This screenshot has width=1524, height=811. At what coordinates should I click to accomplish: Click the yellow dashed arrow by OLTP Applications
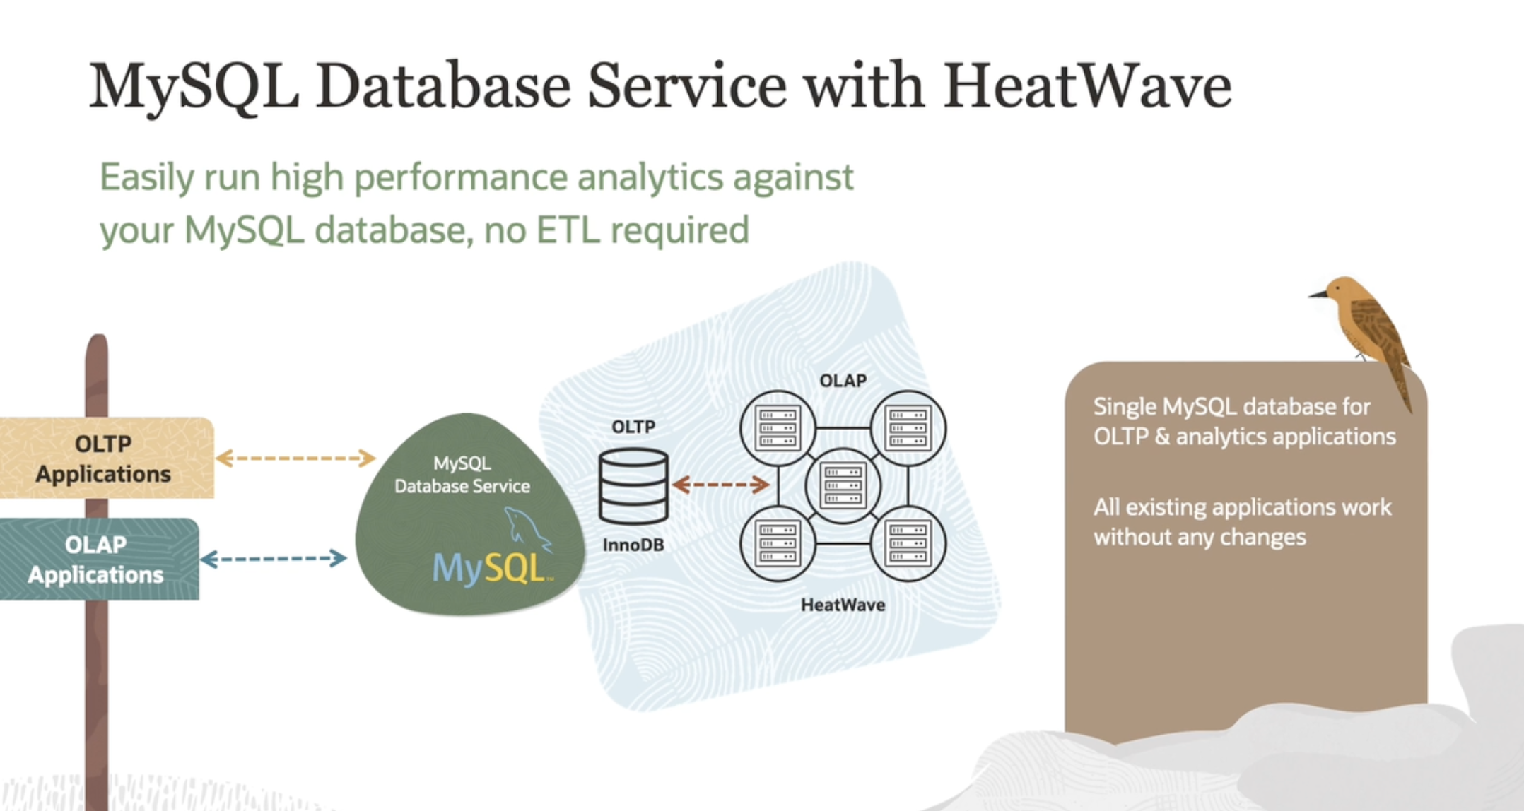pyautogui.click(x=295, y=458)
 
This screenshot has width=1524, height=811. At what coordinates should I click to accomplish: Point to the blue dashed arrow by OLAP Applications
pyautogui.click(x=274, y=559)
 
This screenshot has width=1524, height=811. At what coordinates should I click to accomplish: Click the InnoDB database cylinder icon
pyautogui.click(x=633, y=486)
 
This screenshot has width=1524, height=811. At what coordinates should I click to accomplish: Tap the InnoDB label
pyautogui.click(x=633, y=545)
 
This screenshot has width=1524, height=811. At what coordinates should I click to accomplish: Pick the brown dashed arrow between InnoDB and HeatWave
pyautogui.click(x=720, y=485)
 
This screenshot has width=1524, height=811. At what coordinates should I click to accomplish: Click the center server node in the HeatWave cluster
pyautogui.click(x=843, y=485)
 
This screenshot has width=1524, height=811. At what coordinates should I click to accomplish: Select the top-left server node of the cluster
pyautogui.click(x=778, y=428)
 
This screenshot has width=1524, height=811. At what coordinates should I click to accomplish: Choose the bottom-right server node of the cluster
pyautogui.click(x=908, y=543)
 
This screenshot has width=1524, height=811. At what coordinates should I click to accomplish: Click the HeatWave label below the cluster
pyautogui.click(x=843, y=605)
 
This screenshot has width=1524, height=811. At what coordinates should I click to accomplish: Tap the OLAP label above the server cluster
pyautogui.click(x=843, y=381)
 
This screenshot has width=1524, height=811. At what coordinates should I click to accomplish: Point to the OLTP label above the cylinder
pyautogui.click(x=633, y=427)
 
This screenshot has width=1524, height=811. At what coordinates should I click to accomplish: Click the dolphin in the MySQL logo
pyautogui.click(x=526, y=528)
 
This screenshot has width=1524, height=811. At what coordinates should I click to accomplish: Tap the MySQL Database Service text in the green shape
pyautogui.click(x=462, y=475)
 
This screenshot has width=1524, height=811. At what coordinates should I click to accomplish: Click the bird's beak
pyautogui.click(x=1318, y=294)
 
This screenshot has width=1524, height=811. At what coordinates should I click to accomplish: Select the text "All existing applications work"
pyautogui.click(x=1242, y=507)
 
